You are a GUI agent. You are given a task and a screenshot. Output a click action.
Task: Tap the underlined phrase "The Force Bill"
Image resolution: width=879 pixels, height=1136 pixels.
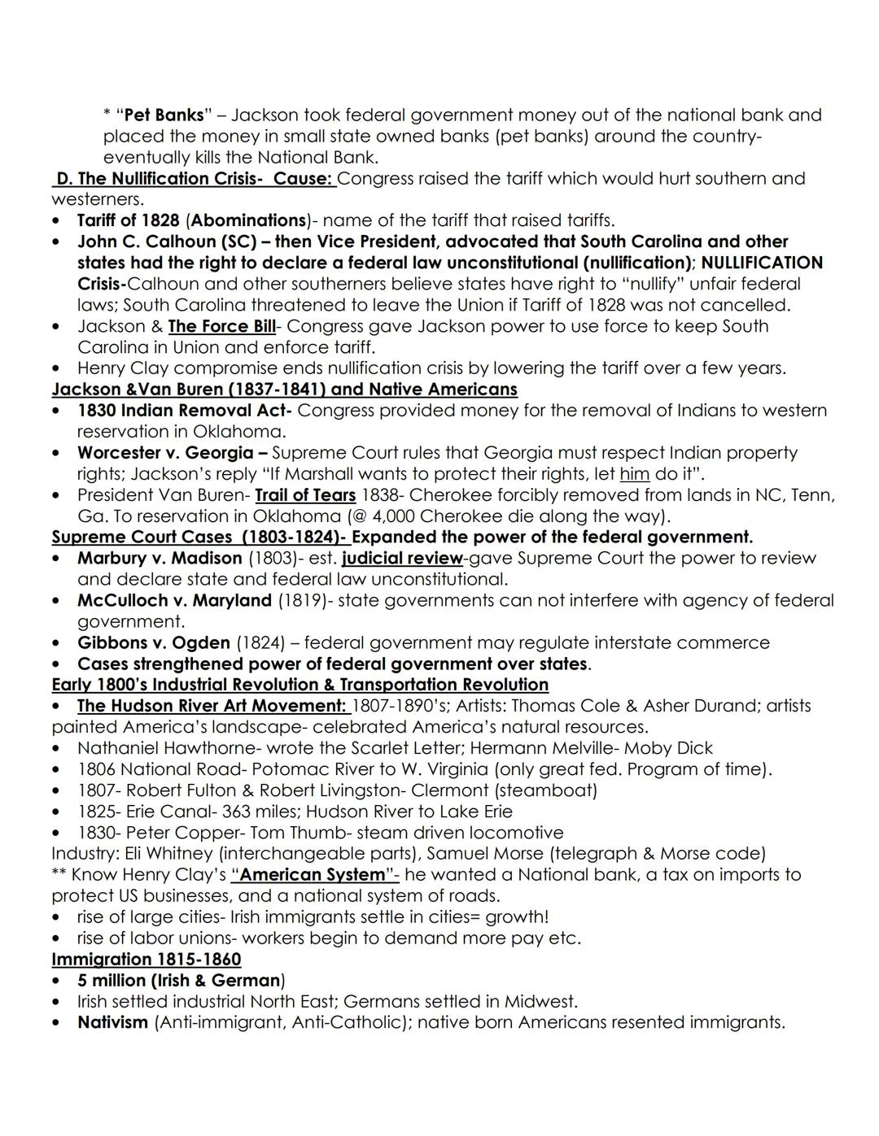pos(221,326)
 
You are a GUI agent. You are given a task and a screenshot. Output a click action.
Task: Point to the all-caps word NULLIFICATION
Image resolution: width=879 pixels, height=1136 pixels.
pos(762,263)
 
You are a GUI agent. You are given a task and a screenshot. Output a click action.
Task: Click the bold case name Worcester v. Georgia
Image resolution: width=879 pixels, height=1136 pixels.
pos(165,453)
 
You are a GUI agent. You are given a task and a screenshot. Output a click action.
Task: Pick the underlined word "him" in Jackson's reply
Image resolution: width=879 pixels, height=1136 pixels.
pos(634,474)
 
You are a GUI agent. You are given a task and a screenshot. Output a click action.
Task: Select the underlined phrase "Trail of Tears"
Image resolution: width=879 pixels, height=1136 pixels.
pos(305,495)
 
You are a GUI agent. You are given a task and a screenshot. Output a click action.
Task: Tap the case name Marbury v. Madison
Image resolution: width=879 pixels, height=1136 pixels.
pos(160,559)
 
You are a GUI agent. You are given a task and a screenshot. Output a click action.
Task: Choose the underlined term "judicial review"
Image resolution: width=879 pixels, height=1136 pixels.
pos(402,559)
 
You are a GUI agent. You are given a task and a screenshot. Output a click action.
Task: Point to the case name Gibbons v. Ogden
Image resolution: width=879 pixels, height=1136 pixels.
pos(154,643)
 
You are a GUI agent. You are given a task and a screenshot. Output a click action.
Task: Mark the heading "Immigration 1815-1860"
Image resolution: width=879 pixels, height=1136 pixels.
pos(146,960)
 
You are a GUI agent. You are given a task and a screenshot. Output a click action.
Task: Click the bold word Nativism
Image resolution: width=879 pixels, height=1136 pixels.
pos(112,1022)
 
